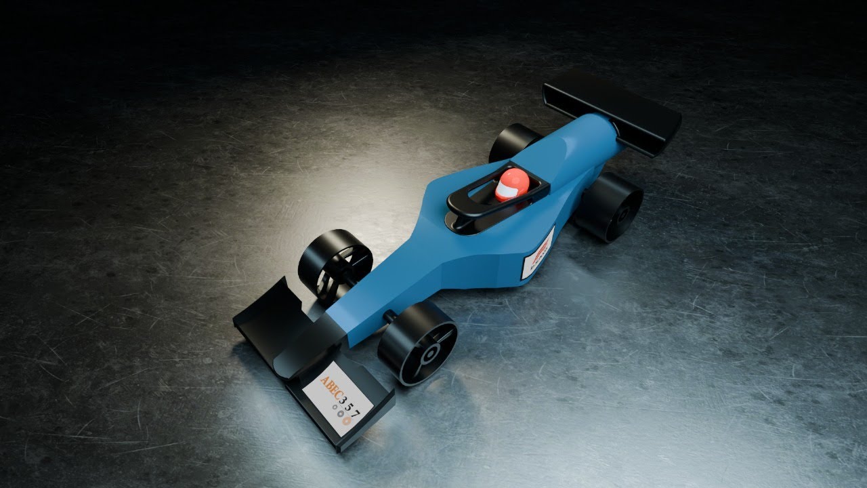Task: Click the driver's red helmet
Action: pyautogui.click(x=510, y=184)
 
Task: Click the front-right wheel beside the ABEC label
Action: pyautogui.click(x=417, y=342)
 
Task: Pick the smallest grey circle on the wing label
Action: pyautogui.click(x=333, y=408)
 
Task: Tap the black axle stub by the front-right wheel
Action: pyautogui.click(x=390, y=316)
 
